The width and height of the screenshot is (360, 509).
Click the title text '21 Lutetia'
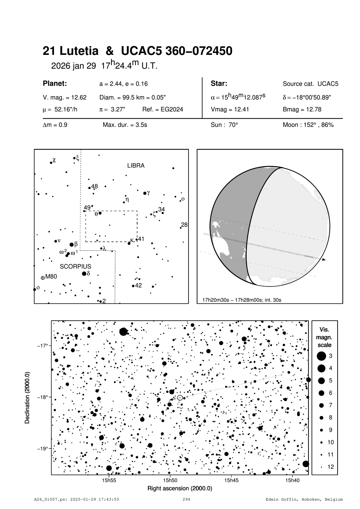pyautogui.click(x=71, y=51)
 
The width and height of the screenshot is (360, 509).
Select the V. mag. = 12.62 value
pyautogui.click(x=65, y=98)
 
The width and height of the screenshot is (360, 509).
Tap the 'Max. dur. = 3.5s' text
pyautogui.click(x=125, y=125)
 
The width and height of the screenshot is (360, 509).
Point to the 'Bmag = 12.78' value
pyautogui.click(x=302, y=110)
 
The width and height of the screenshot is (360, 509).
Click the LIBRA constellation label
pyautogui.click(x=136, y=166)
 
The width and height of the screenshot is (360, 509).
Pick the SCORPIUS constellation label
pyautogui.click(x=76, y=266)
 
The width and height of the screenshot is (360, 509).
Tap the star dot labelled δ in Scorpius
pyautogui.click(x=84, y=273)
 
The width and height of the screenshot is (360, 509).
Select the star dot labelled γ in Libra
pyautogui.click(x=145, y=193)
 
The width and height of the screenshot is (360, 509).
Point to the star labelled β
pyautogui.click(x=72, y=245)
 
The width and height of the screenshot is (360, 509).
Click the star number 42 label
pyautogui.click(x=138, y=285)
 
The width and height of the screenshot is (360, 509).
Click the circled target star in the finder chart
pyautogui.click(x=180, y=398)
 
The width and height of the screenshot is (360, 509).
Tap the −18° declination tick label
pyautogui.click(x=42, y=397)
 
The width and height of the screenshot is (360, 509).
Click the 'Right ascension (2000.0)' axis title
pyautogui.click(x=180, y=488)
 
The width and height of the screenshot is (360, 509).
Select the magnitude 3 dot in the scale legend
pyautogui.click(x=321, y=356)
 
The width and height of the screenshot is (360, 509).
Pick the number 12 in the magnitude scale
pyautogui.click(x=331, y=467)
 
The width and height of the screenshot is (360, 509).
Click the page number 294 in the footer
pyautogui.click(x=186, y=499)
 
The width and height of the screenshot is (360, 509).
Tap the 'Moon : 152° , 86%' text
pyautogui.click(x=308, y=125)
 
